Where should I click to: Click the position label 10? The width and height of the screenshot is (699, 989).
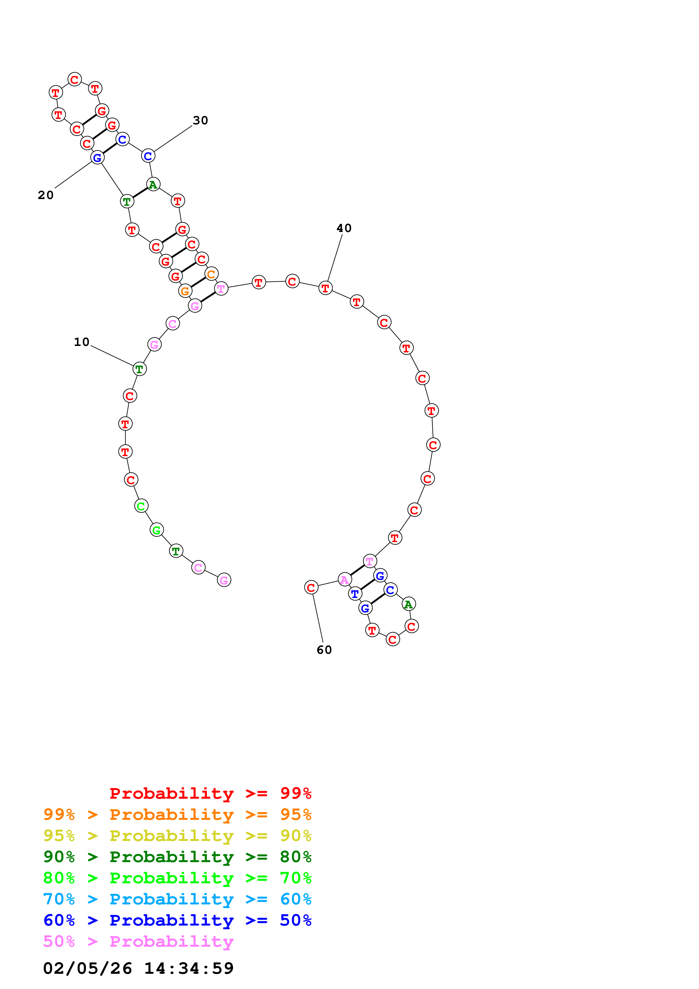click(81, 342)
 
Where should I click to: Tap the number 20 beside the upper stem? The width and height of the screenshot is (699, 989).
click(46, 195)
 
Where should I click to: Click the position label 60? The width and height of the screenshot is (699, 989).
click(324, 650)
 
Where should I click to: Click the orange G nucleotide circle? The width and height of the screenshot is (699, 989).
click(185, 291)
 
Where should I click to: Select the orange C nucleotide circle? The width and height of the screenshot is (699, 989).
click(211, 274)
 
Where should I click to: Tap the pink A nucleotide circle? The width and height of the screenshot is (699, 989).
click(344, 580)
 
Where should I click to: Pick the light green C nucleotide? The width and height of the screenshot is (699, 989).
click(141, 506)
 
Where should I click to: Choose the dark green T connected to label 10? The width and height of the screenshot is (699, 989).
click(139, 369)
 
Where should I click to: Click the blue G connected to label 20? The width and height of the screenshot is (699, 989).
click(97, 158)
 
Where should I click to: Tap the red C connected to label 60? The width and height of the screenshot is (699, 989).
click(311, 588)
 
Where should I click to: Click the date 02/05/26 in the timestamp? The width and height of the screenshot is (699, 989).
click(87, 968)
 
